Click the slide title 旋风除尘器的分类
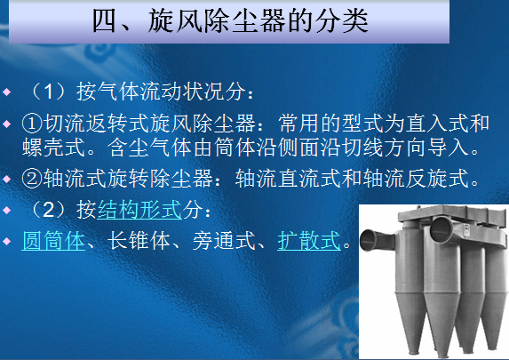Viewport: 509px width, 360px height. pos(258,20)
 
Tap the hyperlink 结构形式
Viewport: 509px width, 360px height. pos(139,210)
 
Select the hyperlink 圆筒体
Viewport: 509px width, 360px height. pos(53,241)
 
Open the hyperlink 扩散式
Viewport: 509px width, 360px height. pos(309,241)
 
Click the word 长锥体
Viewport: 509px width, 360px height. pos(139,241)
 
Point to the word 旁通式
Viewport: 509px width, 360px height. pos(224,241)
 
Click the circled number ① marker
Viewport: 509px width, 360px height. pos(32,124)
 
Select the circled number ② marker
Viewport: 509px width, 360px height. pos(32,179)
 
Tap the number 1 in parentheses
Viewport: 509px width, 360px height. pos(48,92)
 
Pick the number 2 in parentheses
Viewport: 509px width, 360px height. pos(48,210)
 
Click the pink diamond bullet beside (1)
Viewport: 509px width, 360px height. pos(7,92)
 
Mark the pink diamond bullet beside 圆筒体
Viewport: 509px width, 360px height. pos(7,242)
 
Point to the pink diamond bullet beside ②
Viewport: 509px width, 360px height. pos(7,179)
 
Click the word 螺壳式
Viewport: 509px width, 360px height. pos(53,148)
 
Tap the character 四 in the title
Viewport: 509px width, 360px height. pos(105,20)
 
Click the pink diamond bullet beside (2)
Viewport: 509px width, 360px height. pos(7,211)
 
